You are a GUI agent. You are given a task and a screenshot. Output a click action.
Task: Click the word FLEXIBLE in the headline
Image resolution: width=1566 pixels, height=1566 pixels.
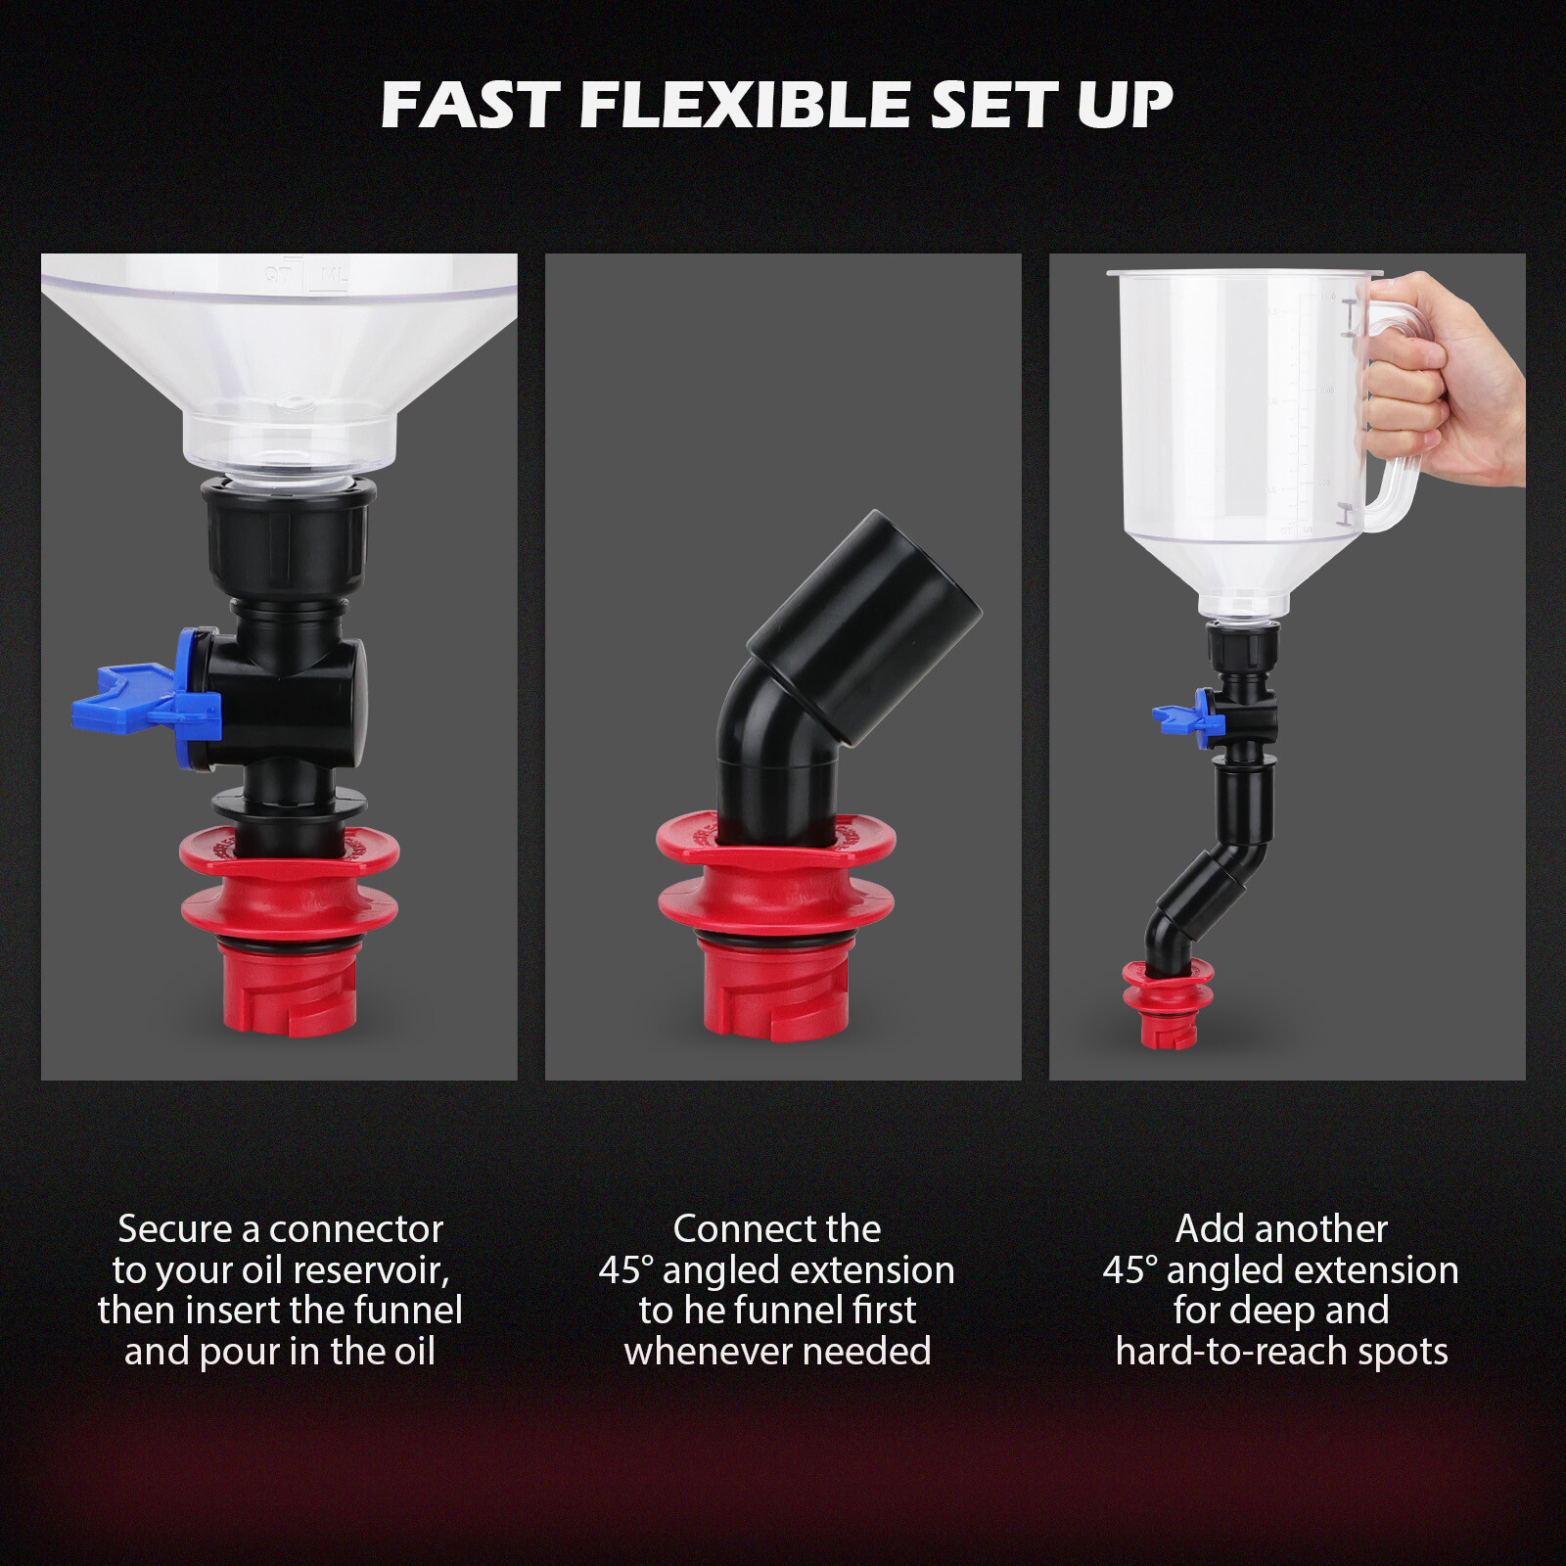(x=745, y=105)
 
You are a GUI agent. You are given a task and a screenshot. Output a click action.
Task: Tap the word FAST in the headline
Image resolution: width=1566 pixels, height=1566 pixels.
(x=470, y=105)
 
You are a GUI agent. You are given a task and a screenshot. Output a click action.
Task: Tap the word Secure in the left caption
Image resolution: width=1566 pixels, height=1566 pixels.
(x=174, y=1229)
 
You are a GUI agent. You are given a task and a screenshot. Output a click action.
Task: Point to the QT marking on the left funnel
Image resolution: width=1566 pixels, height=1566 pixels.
(x=279, y=275)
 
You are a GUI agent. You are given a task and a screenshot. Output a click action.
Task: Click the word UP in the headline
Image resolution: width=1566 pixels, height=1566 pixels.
(x=1125, y=105)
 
